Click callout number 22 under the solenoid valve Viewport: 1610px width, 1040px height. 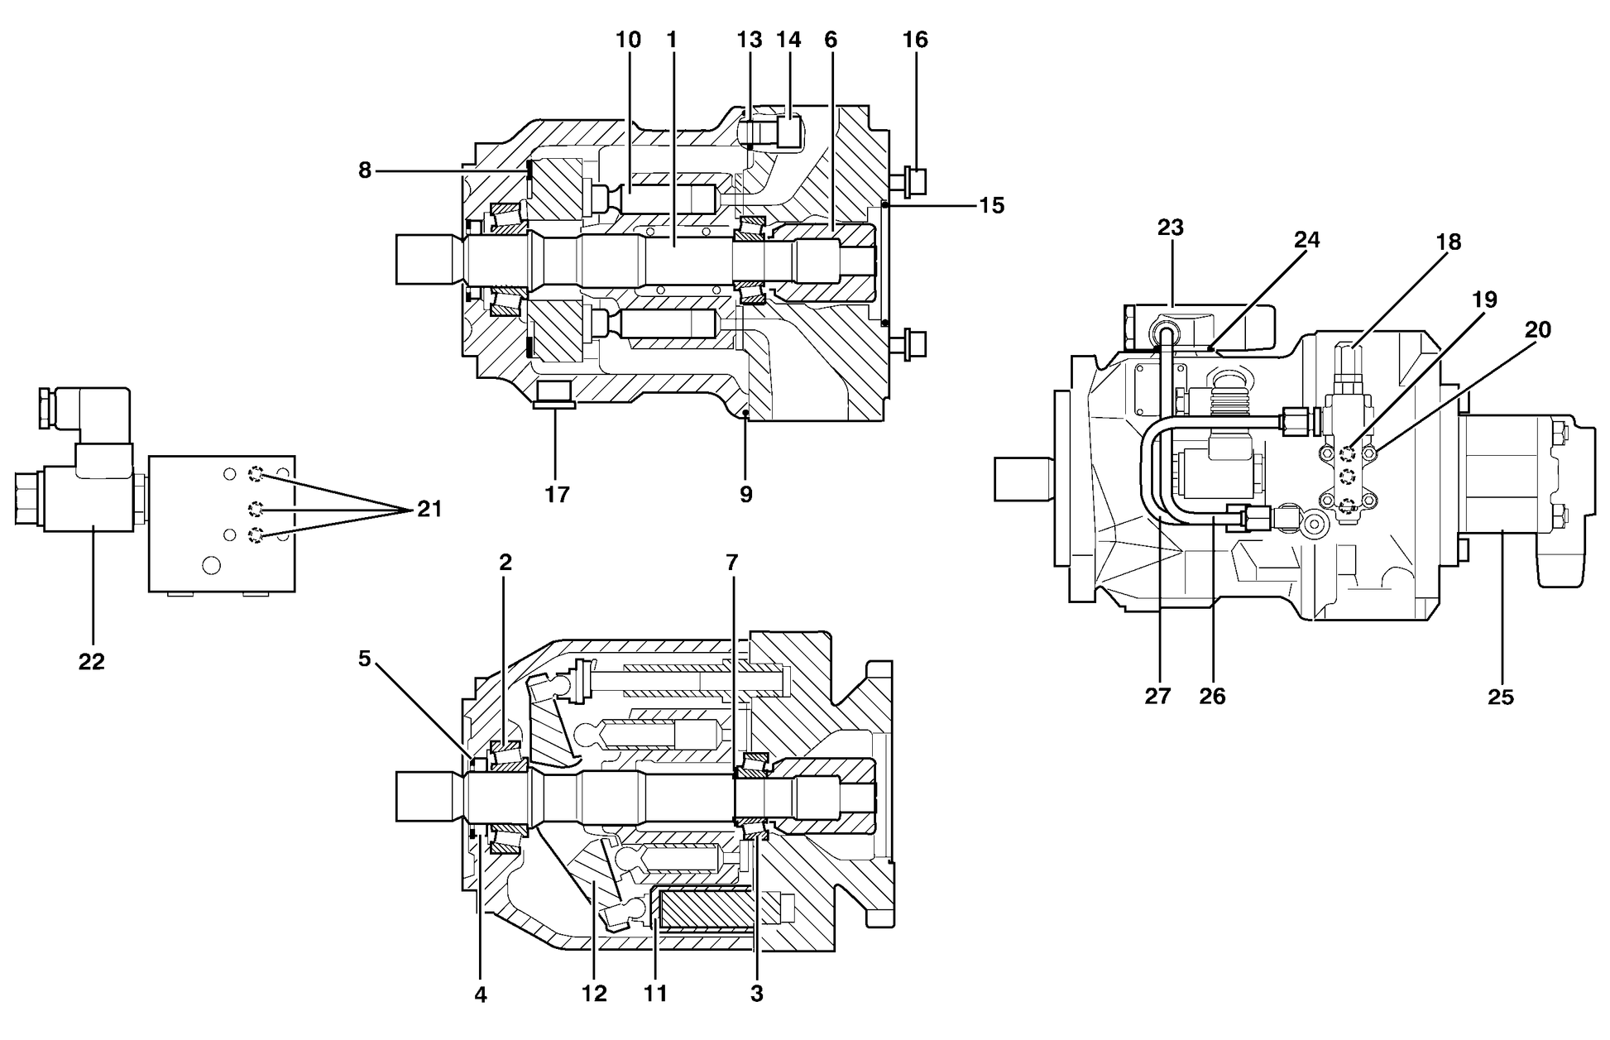[x=91, y=662]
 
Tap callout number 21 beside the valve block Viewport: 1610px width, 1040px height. [x=429, y=509]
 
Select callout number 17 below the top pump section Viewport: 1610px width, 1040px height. [x=557, y=495]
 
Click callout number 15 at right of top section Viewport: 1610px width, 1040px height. [x=991, y=205]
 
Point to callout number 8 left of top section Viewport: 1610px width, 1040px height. [x=365, y=170]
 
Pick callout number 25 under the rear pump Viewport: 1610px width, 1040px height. [x=1500, y=697]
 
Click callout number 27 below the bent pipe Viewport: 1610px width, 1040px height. [x=1157, y=697]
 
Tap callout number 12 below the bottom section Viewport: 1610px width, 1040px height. [x=594, y=994]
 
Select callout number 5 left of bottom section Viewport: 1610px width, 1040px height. [x=365, y=659]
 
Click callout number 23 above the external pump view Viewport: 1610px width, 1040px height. [x=1171, y=227]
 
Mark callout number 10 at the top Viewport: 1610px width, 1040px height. [x=628, y=39]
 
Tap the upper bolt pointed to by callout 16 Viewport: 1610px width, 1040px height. [x=912, y=182]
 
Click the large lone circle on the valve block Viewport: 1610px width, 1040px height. [x=211, y=566]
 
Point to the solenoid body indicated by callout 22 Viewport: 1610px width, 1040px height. [x=89, y=496]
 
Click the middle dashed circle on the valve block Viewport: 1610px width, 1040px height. [x=257, y=507]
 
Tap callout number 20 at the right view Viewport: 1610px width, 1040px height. [x=1537, y=329]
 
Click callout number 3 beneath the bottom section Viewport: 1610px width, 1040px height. [x=756, y=994]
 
